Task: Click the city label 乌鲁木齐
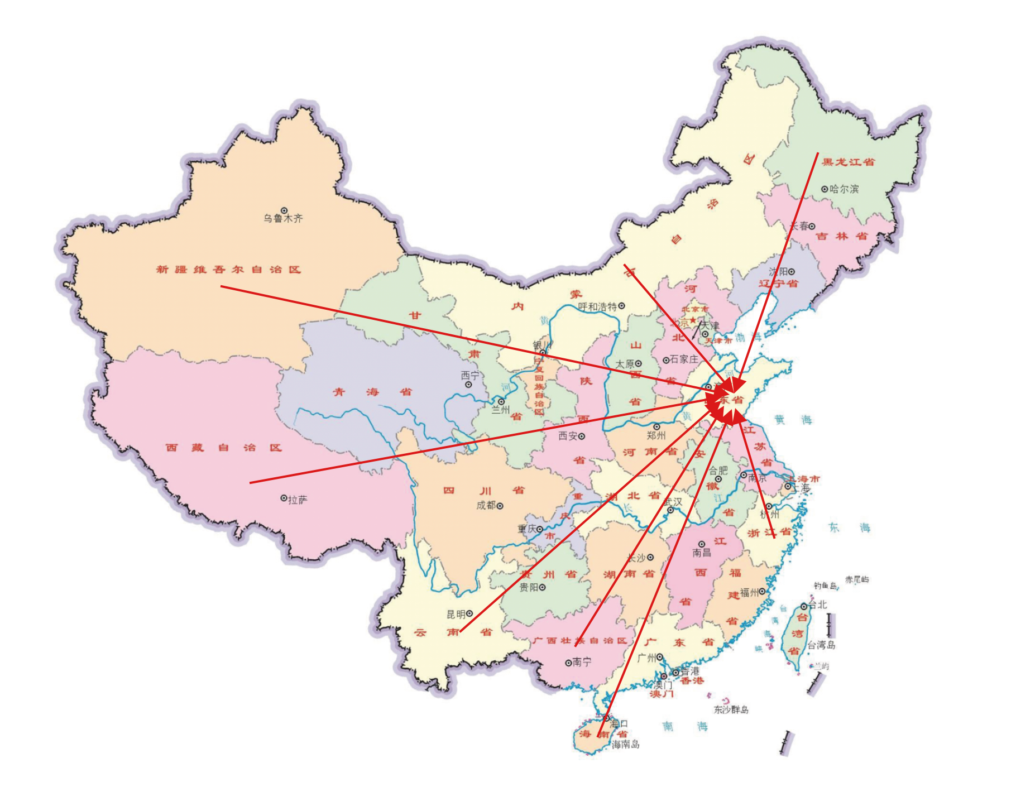pos(283,219)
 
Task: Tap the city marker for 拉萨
pos(284,498)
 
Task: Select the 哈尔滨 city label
pos(844,189)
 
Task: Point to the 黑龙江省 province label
pos(849,162)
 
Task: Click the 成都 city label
pos(486,506)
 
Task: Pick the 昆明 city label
pos(456,615)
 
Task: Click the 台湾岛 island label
pos(821,645)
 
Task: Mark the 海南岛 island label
pos(626,745)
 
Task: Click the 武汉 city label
pos(673,502)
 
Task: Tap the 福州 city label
pos(749,592)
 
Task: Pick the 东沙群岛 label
pos(731,710)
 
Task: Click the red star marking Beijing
pos(693,320)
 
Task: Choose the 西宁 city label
pos(469,376)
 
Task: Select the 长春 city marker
pos(812,227)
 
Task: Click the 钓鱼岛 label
pos(825,586)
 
